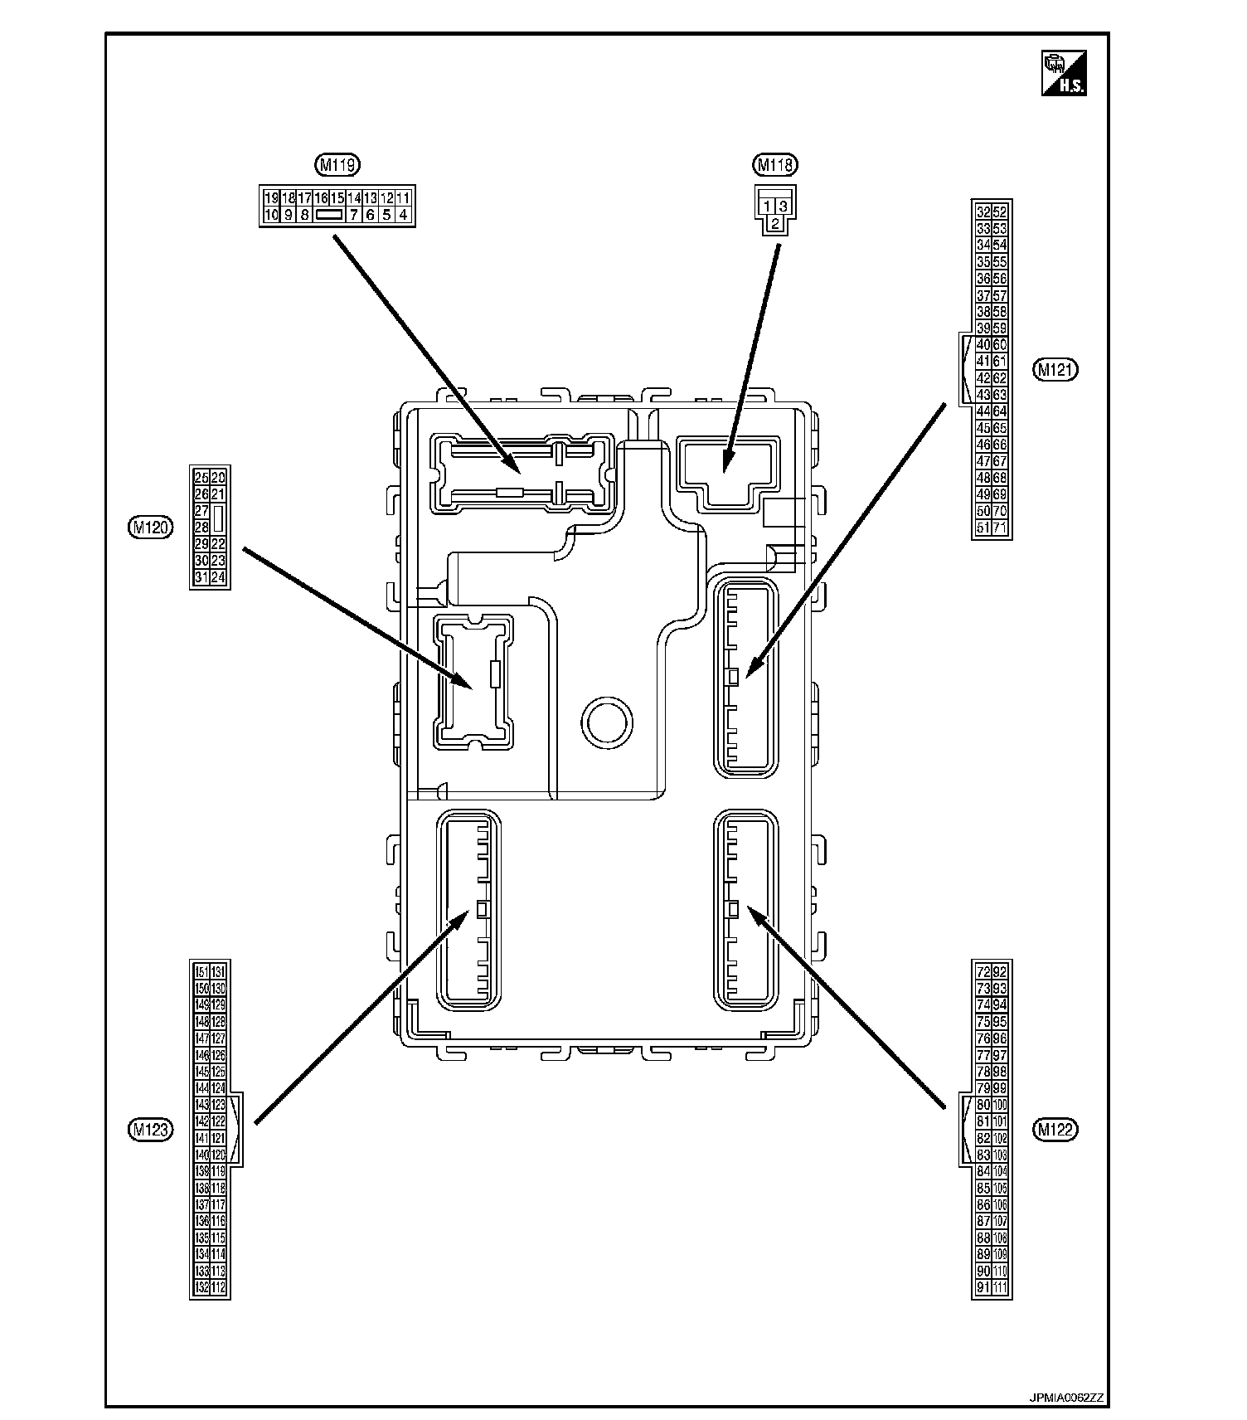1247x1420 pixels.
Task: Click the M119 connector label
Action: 337,165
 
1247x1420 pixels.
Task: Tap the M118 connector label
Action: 774,165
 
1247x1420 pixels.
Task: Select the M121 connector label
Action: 1055,370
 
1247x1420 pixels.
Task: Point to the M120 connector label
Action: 151,527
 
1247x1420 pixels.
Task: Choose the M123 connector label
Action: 151,1128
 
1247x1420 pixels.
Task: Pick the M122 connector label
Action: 1055,1129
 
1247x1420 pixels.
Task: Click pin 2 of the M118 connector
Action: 774,223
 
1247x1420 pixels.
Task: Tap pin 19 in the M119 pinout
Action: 271,198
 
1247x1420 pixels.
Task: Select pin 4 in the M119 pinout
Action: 403,215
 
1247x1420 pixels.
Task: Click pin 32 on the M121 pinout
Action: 983,212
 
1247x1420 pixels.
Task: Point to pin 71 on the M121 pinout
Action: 1000,528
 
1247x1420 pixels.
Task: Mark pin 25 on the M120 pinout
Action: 201,477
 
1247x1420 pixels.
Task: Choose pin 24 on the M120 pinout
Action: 218,577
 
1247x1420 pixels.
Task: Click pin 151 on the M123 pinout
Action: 201,972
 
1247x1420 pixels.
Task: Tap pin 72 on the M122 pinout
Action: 983,972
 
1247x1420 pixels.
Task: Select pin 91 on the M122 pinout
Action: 983,1287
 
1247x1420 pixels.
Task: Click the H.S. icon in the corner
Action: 1064,73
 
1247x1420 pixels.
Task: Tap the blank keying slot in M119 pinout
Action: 329,215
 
